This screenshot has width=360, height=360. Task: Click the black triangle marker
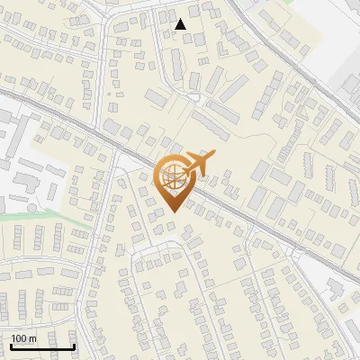181,24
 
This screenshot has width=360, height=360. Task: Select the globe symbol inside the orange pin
174,175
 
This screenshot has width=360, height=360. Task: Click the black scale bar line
42,346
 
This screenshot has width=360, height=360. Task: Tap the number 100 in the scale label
20,338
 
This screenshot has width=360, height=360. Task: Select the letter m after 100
32,338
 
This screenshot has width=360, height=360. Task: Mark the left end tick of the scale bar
10,345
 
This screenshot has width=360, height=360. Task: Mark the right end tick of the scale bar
75,345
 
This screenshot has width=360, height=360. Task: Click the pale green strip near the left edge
36,215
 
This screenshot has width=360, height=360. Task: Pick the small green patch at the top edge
287,2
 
